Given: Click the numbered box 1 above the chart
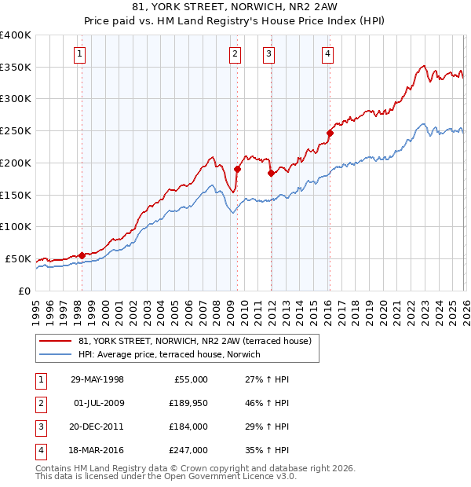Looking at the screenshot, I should coord(81,54).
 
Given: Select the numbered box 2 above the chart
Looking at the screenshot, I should coord(235,54).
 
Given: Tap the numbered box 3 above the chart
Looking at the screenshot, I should coord(268,54).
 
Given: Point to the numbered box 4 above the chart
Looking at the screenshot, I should coord(327,54).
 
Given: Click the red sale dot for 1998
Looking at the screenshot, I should coord(82,254).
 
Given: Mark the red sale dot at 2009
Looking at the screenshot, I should coord(236,169).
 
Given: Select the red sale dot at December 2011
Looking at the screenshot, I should coord(271,173).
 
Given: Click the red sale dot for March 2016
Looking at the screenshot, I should coord(330,133).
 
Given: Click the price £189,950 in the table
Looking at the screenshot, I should coord(186,403).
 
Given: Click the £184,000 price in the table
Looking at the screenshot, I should coord(186,427).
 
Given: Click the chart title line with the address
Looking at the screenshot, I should coord(235,9).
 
